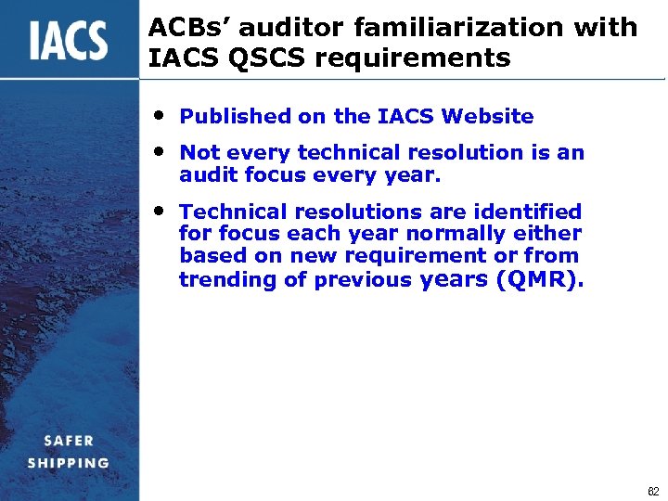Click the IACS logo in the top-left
[68, 41]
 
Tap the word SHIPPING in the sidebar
[69, 463]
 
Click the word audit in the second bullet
[204, 174]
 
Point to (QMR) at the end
[541, 279]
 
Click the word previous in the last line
[365, 280]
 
